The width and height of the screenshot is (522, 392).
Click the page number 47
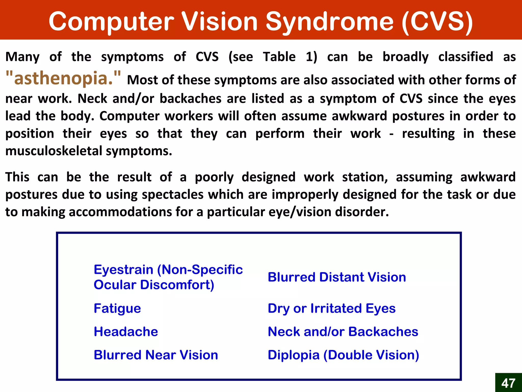(x=508, y=383)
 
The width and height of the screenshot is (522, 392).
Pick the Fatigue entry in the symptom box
(x=117, y=308)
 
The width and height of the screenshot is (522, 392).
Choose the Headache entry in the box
(x=126, y=332)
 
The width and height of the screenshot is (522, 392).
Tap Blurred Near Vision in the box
(x=156, y=355)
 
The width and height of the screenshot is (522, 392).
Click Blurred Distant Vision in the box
(x=337, y=277)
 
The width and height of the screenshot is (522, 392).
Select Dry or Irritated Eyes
(x=332, y=308)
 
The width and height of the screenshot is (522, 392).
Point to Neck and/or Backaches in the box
(x=343, y=332)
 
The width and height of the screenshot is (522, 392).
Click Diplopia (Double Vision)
(x=343, y=355)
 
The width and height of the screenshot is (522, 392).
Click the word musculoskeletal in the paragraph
(x=54, y=151)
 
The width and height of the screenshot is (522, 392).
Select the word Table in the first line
(x=279, y=57)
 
